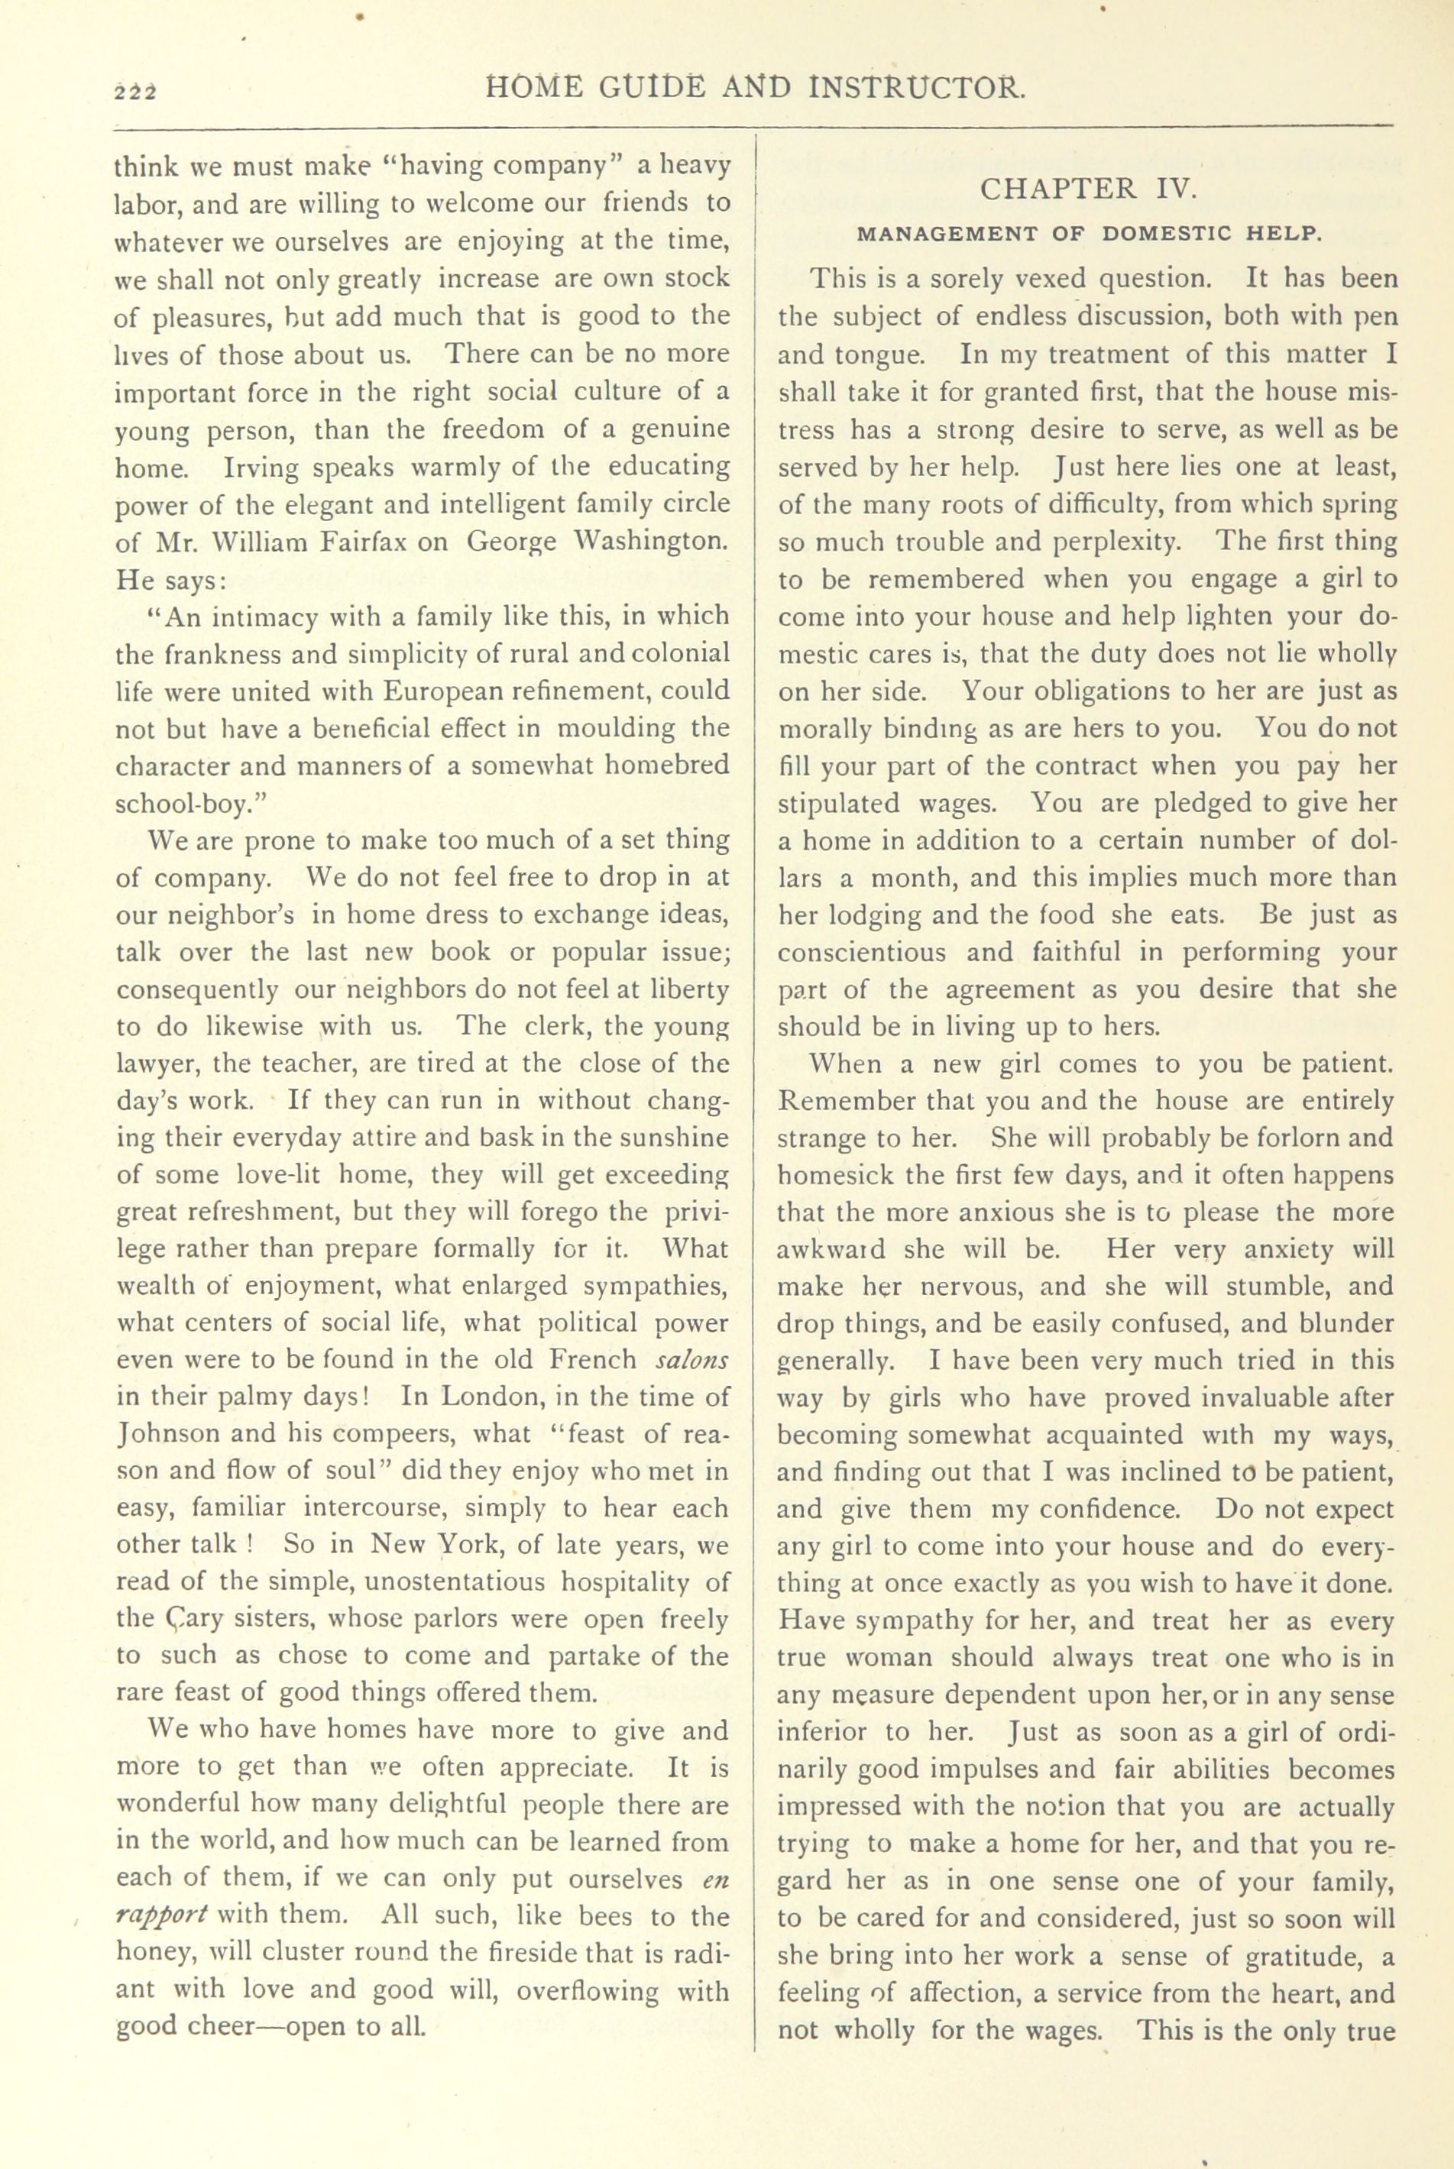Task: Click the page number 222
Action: click(x=135, y=91)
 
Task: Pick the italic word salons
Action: click(x=691, y=1359)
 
